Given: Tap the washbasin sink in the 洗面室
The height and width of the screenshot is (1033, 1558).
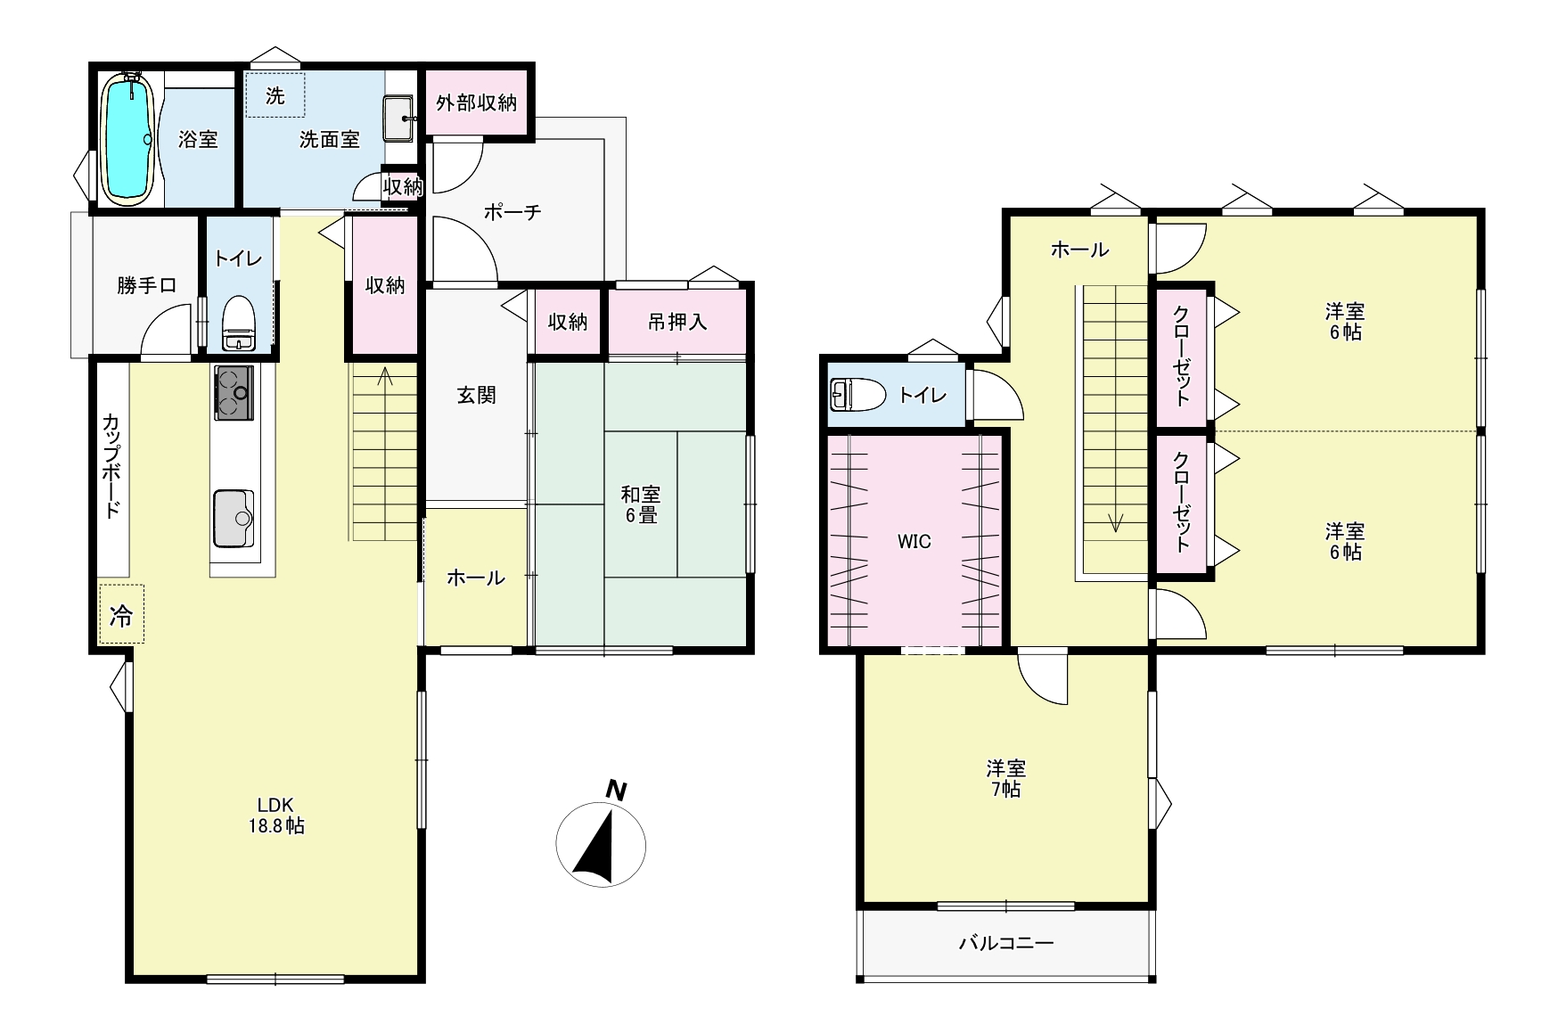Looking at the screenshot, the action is tap(398, 119).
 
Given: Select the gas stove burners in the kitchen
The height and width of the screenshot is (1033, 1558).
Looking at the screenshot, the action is tap(234, 392).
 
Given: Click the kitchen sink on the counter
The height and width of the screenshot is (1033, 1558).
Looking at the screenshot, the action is tap(234, 518).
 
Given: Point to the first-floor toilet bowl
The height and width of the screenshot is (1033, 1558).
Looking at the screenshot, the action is tap(238, 324).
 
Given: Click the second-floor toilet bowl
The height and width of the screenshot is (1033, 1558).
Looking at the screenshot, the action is tap(857, 394).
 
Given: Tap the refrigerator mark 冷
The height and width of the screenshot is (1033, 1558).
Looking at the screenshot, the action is tap(121, 614).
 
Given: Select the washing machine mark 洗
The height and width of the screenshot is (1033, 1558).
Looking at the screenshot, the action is tap(275, 95).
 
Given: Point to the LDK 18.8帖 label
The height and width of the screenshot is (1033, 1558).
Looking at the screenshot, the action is tap(276, 815).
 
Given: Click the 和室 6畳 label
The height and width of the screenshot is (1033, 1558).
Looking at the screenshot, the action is tap(641, 504).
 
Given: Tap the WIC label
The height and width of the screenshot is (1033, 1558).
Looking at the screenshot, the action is tap(914, 541).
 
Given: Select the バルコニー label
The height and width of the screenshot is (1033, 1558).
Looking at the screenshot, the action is tap(1006, 943).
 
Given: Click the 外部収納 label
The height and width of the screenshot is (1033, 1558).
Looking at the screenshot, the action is tap(476, 102).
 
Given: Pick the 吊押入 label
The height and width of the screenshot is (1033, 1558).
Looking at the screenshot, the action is tap(677, 322).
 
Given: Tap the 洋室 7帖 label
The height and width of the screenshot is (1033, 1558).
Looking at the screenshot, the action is tap(1006, 779).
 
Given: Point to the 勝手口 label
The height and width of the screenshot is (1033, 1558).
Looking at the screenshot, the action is tap(146, 285).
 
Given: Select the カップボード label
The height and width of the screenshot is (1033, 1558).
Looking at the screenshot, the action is tap(111, 465).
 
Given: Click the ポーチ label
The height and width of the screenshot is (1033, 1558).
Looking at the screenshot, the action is tap(512, 212).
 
